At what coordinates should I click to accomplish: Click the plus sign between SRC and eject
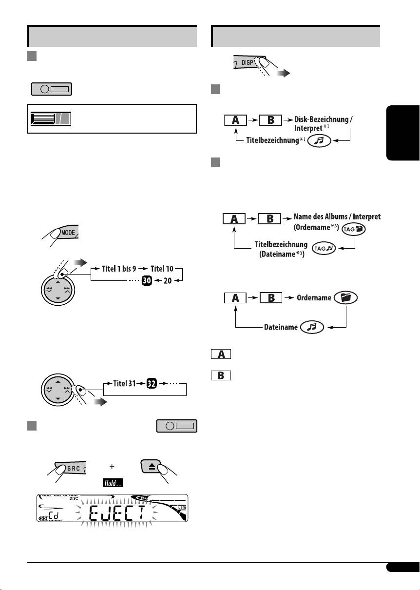click(x=112, y=467)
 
